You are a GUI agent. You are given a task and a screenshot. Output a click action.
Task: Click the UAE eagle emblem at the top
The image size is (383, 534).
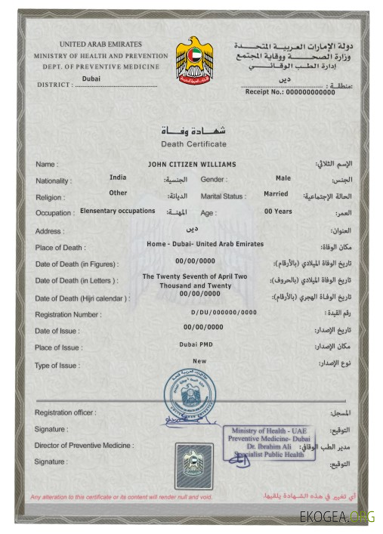[194, 60]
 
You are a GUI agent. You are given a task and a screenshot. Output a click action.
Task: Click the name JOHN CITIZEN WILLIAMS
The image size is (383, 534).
[193, 164]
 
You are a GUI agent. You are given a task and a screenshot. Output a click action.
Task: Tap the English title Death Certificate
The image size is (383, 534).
[193, 144]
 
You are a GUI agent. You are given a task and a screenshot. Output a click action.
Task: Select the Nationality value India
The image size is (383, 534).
[118, 177]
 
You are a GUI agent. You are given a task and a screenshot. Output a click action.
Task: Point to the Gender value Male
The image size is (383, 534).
[283, 178]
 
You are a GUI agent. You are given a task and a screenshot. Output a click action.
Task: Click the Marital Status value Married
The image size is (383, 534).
[276, 193]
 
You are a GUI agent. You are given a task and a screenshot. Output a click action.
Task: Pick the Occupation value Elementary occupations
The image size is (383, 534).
[117, 211]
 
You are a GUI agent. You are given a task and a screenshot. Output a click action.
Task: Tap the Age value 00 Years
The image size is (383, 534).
[278, 211]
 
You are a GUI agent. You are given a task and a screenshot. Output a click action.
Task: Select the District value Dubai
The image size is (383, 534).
[91, 78]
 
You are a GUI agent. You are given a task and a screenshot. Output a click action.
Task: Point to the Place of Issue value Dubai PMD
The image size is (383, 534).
[199, 344]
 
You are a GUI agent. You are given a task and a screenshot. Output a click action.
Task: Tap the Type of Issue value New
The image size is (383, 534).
[199, 361]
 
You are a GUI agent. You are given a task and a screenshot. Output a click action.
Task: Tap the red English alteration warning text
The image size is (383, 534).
[121, 497]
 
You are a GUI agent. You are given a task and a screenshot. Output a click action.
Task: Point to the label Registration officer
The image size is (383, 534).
[65, 412]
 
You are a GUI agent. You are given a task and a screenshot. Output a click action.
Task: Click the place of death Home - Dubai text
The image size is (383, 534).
[194, 244]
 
